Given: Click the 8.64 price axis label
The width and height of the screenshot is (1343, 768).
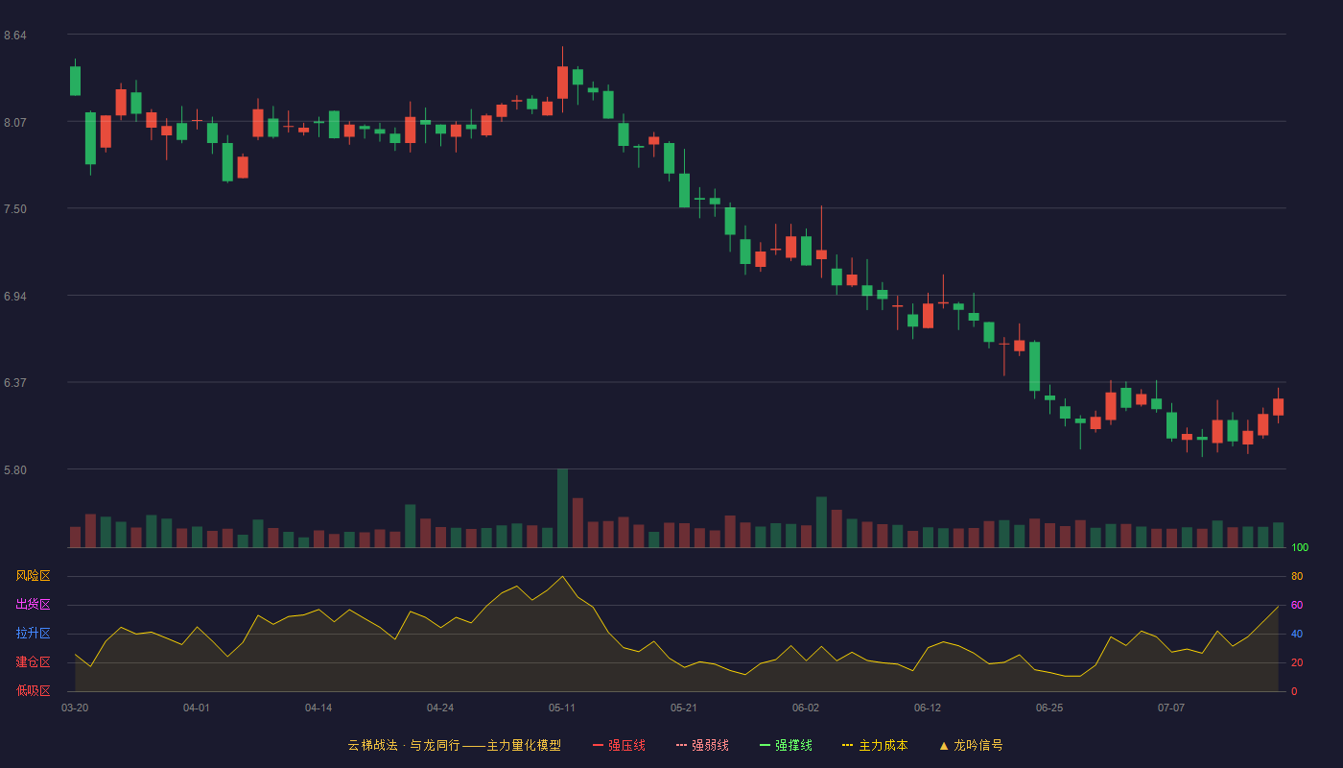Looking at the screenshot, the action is (x=15, y=36).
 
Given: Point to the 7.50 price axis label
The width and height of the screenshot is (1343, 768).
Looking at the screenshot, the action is (x=15, y=209).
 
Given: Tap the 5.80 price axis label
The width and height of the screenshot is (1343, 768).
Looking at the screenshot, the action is (x=15, y=469).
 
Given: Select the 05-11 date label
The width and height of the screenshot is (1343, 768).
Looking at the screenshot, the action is (x=562, y=708).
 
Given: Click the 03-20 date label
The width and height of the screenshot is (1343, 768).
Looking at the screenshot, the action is (x=75, y=708).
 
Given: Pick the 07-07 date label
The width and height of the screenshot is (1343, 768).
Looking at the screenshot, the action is (x=1171, y=708).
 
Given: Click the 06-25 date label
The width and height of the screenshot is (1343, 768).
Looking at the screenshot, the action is (x=1049, y=708).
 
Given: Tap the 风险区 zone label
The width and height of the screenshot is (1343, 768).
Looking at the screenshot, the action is (x=33, y=576).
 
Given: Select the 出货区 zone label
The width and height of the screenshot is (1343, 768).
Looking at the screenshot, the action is (x=33, y=604).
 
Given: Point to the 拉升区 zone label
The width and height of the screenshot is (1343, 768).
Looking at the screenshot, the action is (x=33, y=633).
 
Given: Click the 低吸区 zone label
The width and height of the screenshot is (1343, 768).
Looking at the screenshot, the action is (x=33, y=690).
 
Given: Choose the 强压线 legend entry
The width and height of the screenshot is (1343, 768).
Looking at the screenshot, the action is (x=619, y=745).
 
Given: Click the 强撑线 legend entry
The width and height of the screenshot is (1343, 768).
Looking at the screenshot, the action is (x=786, y=745).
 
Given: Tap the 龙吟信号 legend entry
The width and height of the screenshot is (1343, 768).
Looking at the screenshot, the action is (x=971, y=745).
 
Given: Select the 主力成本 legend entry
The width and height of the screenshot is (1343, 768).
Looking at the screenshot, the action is (x=875, y=745).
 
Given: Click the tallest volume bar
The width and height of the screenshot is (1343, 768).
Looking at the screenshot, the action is (x=562, y=508).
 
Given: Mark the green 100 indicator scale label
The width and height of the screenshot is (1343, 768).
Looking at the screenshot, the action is (x=1300, y=547).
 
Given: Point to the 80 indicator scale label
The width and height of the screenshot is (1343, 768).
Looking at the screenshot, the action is (x=1297, y=576).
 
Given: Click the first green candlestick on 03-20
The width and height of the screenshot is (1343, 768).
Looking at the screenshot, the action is (x=75, y=81).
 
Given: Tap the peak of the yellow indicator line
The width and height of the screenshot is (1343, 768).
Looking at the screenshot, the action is (x=562, y=577).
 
